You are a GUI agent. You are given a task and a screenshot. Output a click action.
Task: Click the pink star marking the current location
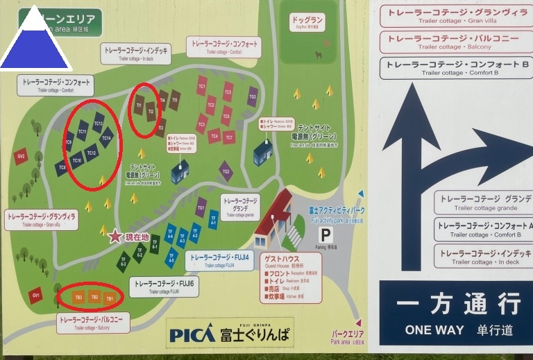point(115,237)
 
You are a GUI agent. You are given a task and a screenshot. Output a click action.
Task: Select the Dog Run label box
point(308,21)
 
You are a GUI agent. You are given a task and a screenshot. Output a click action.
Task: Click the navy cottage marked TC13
point(99,123)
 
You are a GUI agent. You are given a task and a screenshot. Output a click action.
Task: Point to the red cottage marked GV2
point(22,156)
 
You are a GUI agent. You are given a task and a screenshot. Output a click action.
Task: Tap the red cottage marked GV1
point(35,295)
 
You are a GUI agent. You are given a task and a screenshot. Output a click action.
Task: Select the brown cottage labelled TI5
point(175,100)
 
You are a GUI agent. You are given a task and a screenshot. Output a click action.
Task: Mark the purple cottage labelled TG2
point(226,170)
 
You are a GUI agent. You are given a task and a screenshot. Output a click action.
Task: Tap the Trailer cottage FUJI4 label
point(219,260)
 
